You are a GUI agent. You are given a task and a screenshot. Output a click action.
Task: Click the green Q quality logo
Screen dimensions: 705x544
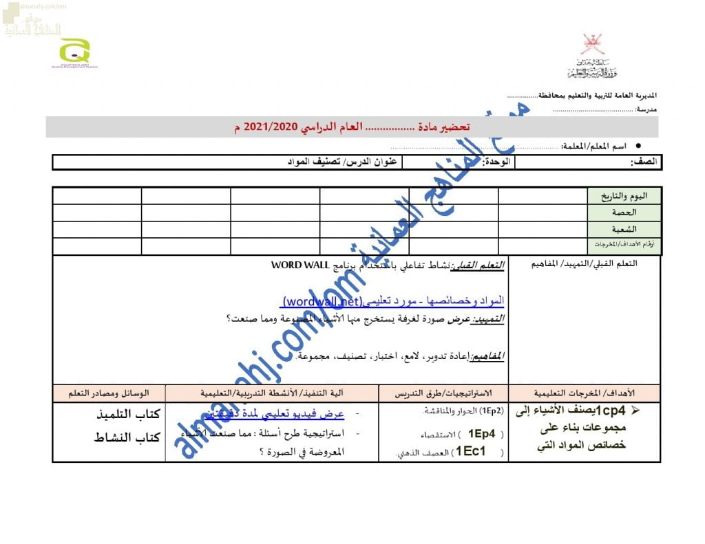click(x=74, y=51)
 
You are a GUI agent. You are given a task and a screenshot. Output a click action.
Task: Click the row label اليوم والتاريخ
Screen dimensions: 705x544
click(x=624, y=196)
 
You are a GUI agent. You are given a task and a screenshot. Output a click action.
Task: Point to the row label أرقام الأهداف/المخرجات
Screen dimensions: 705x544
click(x=624, y=246)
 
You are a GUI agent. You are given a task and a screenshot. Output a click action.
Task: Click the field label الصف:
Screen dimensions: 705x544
click(x=644, y=162)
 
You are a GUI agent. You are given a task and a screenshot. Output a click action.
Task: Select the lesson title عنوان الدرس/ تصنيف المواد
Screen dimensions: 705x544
click(x=342, y=162)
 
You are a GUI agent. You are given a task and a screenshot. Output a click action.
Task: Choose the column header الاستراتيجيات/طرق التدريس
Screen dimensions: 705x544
click(x=443, y=393)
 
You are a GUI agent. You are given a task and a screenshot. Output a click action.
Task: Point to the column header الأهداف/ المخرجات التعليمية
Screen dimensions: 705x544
click(x=585, y=393)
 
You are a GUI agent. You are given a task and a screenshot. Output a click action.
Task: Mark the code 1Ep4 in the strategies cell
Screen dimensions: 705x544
click(x=482, y=433)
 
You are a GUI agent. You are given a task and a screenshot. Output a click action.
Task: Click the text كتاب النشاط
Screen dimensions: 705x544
click(x=127, y=437)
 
